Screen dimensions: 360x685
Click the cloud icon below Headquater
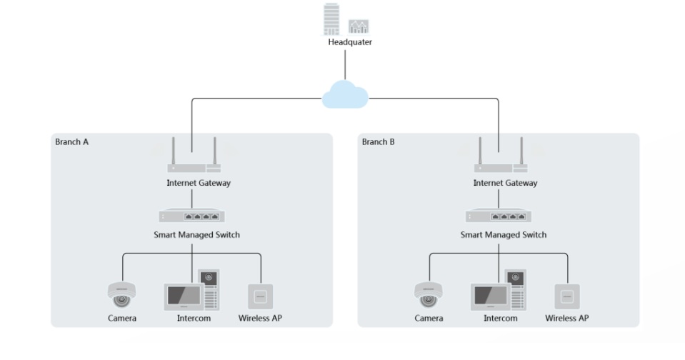pyautogui.click(x=345, y=95)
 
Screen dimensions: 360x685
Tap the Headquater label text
pyautogui.click(x=350, y=42)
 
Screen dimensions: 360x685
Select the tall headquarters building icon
pyautogui.click(x=331, y=20)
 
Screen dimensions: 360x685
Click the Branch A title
pyautogui.click(x=72, y=141)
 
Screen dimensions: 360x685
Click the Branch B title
pyautogui.click(x=378, y=141)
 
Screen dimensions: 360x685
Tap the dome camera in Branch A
pyautogui.click(x=121, y=294)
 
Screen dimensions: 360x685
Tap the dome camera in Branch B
pyautogui.click(x=428, y=294)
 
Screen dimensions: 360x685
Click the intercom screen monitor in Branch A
pyautogui.click(x=183, y=296)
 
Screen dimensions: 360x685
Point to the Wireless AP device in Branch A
pyautogui.click(x=261, y=296)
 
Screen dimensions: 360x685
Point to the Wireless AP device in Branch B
pyautogui.click(x=567, y=296)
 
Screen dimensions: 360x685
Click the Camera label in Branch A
pyautogui.click(x=121, y=318)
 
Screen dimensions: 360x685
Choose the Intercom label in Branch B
pyautogui.click(x=500, y=318)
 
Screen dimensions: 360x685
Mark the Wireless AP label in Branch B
pyautogui.click(x=567, y=318)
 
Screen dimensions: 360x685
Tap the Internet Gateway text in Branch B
pyautogui.click(x=505, y=184)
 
